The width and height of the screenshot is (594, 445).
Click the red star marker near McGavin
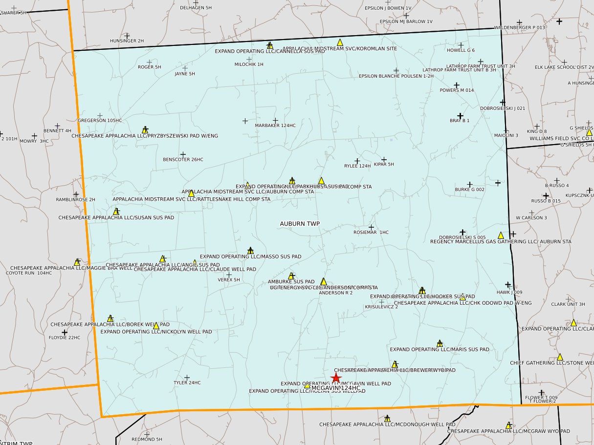pyautogui.click(x=335, y=378)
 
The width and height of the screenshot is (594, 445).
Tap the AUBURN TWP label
pyautogui.click(x=300, y=224)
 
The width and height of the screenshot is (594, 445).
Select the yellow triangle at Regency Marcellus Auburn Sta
pyautogui.click(x=501, y=235)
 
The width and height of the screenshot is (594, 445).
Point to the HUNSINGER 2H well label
pyautogui.click(x=127, y=41)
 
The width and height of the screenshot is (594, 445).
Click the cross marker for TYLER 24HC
pyautogui.click(x=187, y=377)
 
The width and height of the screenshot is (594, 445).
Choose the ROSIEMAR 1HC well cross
pyautogui.click(x=371, y=227)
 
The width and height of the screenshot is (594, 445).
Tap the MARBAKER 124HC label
pyautogui.click(x=275, y=126)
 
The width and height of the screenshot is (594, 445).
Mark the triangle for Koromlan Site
pyautogui.click(x=340, y=42)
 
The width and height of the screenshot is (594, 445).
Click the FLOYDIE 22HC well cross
pyautogui.click(x=65, y=332)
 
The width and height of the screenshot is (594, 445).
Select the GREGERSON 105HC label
pyautogui.click(x=100, y=120)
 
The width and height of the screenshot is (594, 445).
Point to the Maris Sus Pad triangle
pyautogui.click(x=440, y=343)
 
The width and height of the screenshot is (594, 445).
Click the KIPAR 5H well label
pyautogui.click(x=384, y=165)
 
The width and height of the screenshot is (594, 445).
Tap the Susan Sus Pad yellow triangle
pyautogui.click(x=116, y=212)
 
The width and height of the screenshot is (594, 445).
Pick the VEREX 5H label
pyautogui.click(x=229, y=280)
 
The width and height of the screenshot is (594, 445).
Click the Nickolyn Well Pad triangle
pyautogui.click(x=156, y=326)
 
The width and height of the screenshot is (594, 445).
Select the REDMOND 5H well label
pyautogui.click(x=147, y=439)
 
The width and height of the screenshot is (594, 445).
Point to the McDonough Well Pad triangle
pyautogui.click(x=387, y=419)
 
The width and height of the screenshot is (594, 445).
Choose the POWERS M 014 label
pyautogui.click(x=457, y=90)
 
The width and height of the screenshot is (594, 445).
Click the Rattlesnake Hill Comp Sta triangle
pyautogui.click(x=191, y=193)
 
